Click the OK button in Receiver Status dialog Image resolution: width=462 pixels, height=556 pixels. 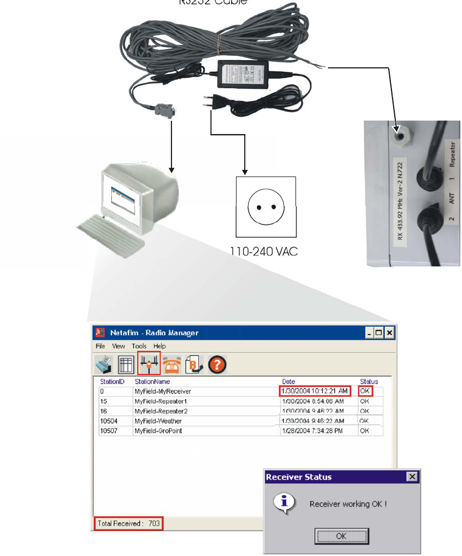(341, 535)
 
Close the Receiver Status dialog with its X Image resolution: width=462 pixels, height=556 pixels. (411, 476)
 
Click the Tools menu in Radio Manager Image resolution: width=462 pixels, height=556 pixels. (139, 346)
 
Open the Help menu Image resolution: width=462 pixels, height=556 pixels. (159, 346)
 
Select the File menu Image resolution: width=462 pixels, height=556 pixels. (100, 346)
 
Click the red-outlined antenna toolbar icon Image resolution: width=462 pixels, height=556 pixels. (149, 364)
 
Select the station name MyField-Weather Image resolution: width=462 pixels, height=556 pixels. (158, 421)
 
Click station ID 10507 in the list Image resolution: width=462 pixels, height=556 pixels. (108, 431)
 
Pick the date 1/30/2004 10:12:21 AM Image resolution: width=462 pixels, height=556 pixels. (315, 391)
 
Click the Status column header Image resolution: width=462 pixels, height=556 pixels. (369, 381)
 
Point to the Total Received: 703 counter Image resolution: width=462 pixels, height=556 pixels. (128, 523)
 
